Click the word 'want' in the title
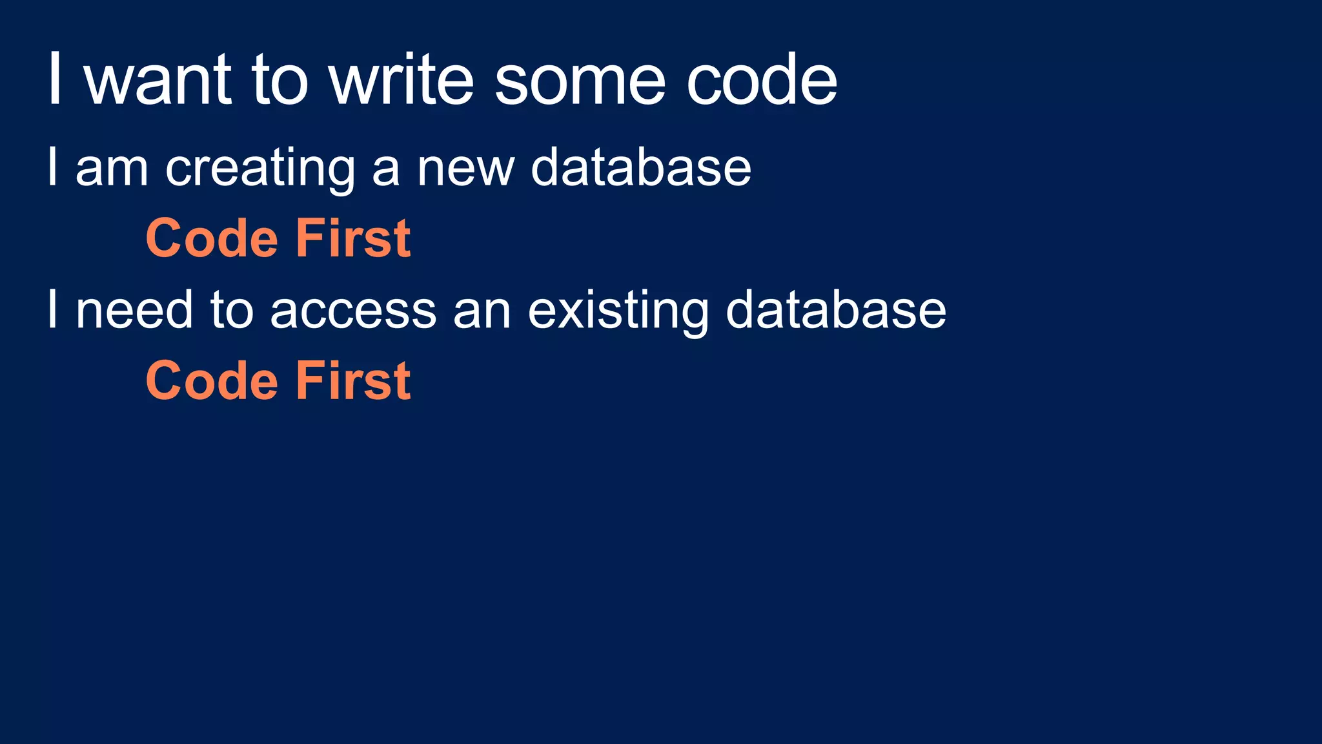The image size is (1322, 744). pyautogui.click(x=158, y=80)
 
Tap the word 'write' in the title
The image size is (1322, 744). pyautogui.click(x=402, y=80)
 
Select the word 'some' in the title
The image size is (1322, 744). pyautogui.click(x=579, y=81)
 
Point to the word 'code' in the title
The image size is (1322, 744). pyautogui.click(x=762, y=80)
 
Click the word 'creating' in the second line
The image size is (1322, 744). pyautogui.click(x=260, y=168)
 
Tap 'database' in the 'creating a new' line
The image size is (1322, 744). pyautogui.click(x=641, y=167)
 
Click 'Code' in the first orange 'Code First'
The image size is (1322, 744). pyautogui.click(x=212, y=238)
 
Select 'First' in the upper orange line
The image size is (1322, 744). pyautogui.click(x=353, y=238)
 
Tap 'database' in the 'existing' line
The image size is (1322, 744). pyautogui.click(x=836, y=310)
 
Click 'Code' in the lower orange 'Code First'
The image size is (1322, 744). pyautogui.click(x=212, y=381)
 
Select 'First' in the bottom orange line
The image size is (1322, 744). pyautogui.click(x=353, y=381)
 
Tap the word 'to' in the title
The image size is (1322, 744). pyautogui.click(x=280, y=80)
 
